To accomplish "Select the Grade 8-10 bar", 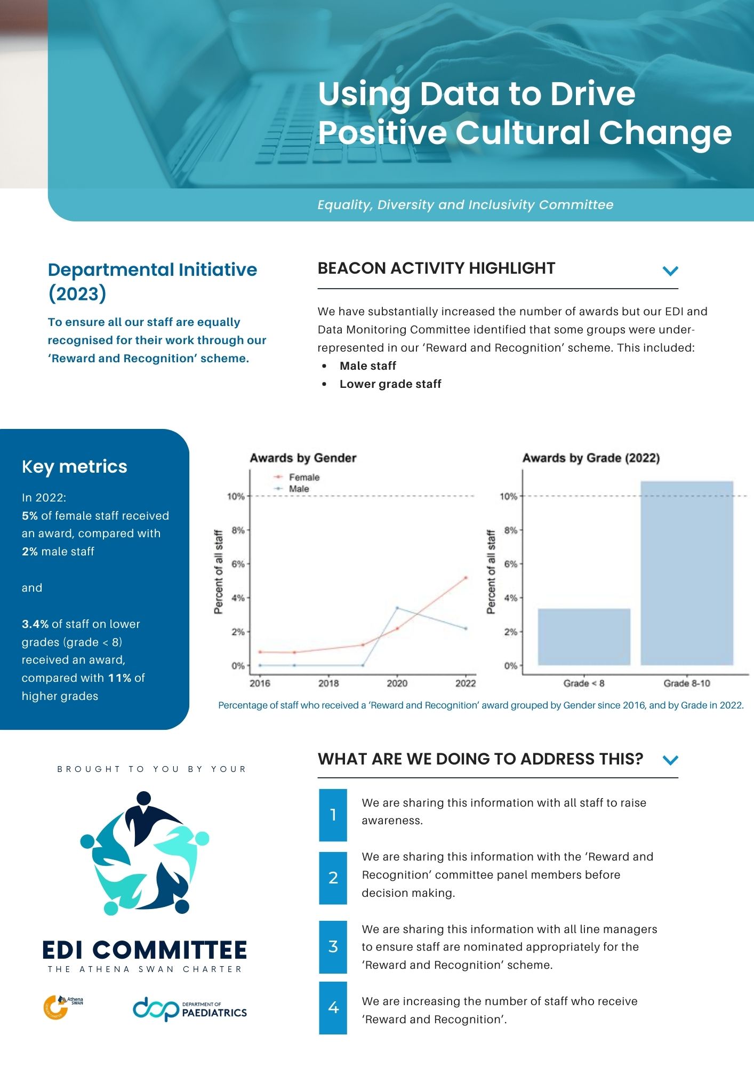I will click(x=687, y=573).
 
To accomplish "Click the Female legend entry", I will click(x=303, y=477).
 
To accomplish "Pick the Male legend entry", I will click(x=298, y=489).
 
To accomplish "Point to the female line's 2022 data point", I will click(x=466, y=577).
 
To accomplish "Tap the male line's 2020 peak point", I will click(x=397, y=608).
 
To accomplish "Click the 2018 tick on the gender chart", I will click(x=328, y=683).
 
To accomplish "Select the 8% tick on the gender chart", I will click(x=238, y=530).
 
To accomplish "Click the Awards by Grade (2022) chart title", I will click(x=591, y=458).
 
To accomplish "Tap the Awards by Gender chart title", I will click(x=303, y=458).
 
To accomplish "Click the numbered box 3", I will click(x=333, y=946).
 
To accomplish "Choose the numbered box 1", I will click(x=333, y=815).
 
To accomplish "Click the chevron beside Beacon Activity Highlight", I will click(x=670, y=270).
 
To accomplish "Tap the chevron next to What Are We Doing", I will click(x=670, y=760).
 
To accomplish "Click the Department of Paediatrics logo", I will click(x=190, y=1008).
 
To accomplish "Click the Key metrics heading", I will click(x=75, y=466).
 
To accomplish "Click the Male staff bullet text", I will click(x=368, y=365).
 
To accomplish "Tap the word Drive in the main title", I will click(x=592, y=94).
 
